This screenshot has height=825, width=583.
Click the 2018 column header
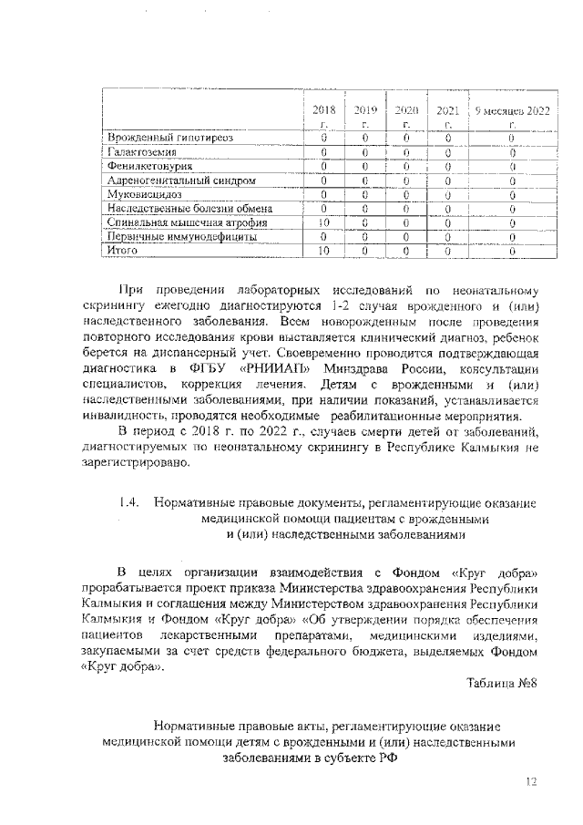[x=323, y=116]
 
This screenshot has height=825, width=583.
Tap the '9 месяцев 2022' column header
[x=513, y=116]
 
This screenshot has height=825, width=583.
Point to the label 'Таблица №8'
[x=501, y=684]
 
